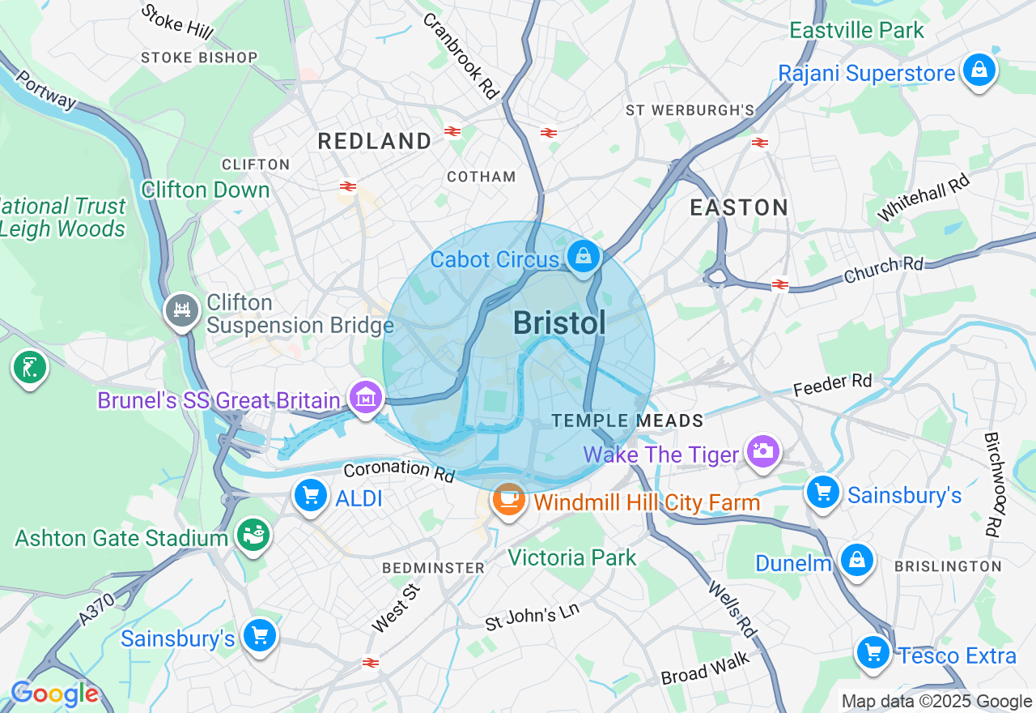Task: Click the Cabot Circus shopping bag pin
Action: click(x=583, y=258)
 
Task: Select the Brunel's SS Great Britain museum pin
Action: click(x=365, y=398)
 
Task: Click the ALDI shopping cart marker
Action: click(x=311, y=494)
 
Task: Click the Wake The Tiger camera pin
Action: click(x=763, y=450)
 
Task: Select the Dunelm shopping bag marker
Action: click(x=856, y=560)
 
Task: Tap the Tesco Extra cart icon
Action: click(x=873, y=652)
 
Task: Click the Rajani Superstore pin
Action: click(x=979, y=71)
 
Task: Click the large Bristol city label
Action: click(x=559, y=323)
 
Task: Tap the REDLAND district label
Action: click(x=374, y=141)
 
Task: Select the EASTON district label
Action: click(x=739, y=207)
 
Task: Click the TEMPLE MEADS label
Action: click(x=627, y=421)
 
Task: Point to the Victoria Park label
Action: click(x=571, y=557)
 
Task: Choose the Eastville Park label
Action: click(x=856, y=31)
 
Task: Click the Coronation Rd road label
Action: click(x=398, y=471)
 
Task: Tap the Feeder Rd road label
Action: click(x=832, y=384)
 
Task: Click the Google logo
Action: click(x=54, y=694)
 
